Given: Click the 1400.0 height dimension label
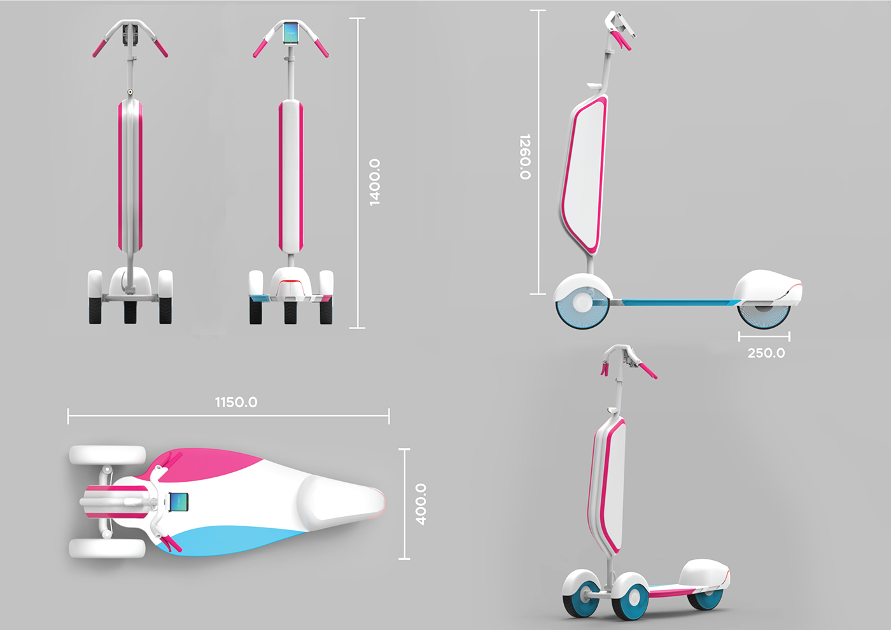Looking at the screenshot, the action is pyautogui.click(x=374, y=182).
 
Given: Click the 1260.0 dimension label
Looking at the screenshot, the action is pyautogui.click(x=524, y=157).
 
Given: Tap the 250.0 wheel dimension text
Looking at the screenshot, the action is pyautogui.click(x=766, y=353).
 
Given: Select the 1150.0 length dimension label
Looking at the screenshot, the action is pyautogui.click(x=236, y=402).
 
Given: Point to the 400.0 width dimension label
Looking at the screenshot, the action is pyautogui.click(x=421, y=504).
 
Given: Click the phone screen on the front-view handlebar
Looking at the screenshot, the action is pyautogui.click(x=291, y=32).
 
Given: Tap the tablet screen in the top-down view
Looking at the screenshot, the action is pyautogui.click(x=179, y=503).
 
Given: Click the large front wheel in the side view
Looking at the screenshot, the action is pyautogui.click(x=582, y=304).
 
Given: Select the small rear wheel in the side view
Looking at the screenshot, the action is pyautogui.click(x=764, y=316).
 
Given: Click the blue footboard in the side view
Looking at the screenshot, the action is pyautogui.click(x=675, y=302).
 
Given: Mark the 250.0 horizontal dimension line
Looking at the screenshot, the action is pyautogui.click(x=764, y=336).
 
